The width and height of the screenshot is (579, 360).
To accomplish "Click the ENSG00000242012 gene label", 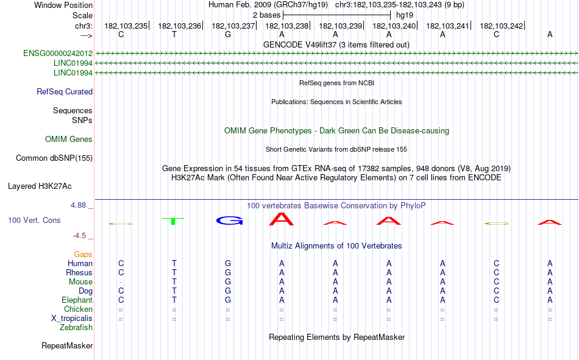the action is click(58, 53).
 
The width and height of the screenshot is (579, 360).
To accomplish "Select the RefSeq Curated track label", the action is click(65, 91).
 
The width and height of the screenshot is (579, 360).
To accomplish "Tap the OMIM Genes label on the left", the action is click(69, 139).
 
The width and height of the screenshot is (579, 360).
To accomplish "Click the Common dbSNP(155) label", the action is click(54, 158).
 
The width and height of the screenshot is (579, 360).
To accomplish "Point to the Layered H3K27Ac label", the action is click(40, 186).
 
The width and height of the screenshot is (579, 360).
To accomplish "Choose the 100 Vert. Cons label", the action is click(34, 221).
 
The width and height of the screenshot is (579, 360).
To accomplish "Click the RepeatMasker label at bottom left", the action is click(67, 346).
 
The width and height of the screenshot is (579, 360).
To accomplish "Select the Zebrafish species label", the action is click(76, 328).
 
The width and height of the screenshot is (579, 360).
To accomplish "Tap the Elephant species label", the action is click(77, 300).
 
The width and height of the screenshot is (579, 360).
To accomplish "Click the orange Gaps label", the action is click(83, 254).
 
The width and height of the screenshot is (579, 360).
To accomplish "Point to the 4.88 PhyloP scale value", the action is click(78, 205).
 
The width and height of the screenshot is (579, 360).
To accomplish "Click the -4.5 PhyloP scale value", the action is click(79, 236).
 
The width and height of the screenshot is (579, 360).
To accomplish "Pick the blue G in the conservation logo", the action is click(229, 221).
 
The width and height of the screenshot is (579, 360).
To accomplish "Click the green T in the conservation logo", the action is click(173, 221).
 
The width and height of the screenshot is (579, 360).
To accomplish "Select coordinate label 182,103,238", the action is click(287, 26).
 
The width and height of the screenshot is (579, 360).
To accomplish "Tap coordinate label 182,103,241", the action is click(447, 26).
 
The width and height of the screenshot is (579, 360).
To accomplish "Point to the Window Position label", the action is click(63, 5).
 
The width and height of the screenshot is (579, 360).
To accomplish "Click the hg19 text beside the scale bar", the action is click(405, 15).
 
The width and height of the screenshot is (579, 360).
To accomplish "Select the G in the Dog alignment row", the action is click(228, 291).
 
